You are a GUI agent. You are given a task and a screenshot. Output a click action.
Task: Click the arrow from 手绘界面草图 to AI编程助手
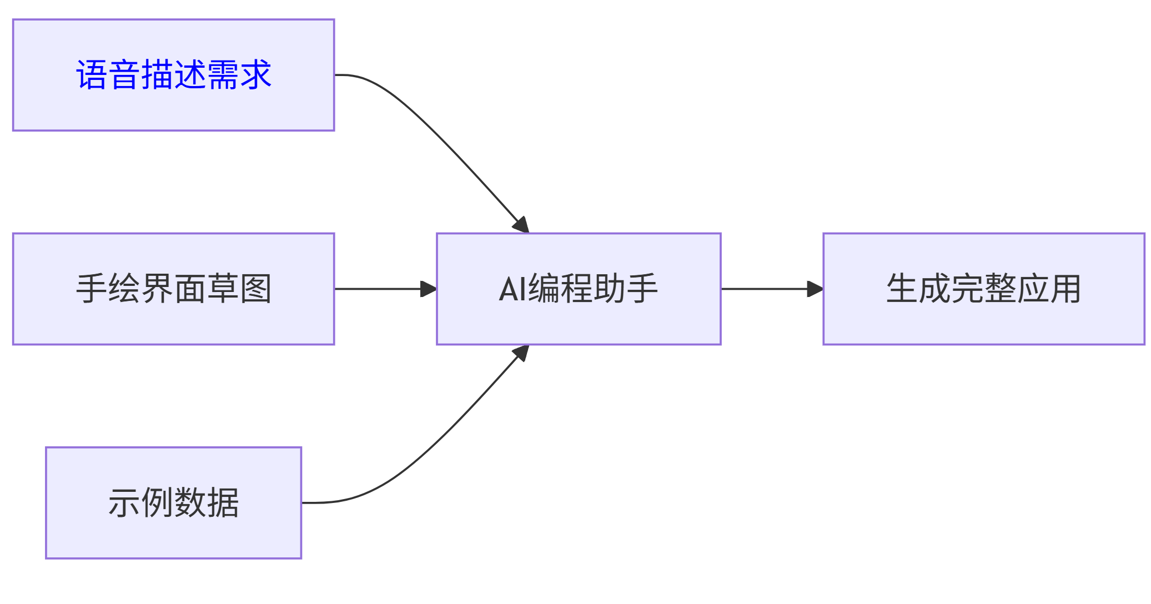pyautogui.click(x=378, y=289)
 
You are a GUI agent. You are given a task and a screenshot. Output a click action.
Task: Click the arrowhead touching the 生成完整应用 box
pyautogui.click(x=815, y=289)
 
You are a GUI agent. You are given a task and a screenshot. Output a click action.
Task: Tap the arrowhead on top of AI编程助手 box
pyautogui.click(x=521, y=225)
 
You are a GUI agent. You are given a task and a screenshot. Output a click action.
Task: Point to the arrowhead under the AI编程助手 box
pyautogui.click(x=521, y=353)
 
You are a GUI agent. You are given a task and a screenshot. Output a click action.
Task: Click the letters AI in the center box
pyautogui.click(x=512, y=289)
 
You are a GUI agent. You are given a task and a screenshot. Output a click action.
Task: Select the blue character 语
pyautogui.click(x=92, y=75)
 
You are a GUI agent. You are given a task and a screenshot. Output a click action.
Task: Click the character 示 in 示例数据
pyautogui.click(x=124, y=503)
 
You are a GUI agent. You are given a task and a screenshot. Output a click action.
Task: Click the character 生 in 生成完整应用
pyautogui.click(x=902, y=289)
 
